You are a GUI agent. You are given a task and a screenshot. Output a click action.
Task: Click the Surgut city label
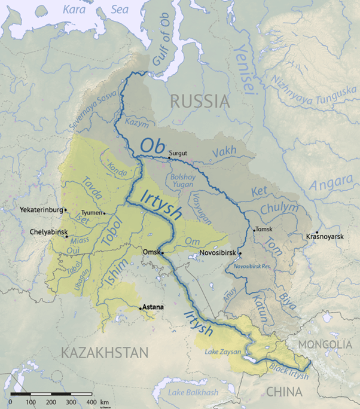coord(178,153)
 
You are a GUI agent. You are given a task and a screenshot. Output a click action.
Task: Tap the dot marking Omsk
coord(162,253)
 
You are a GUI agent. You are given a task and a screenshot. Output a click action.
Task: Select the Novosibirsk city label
coord(218,252)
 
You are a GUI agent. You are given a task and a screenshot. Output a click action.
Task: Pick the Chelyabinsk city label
coord(48,231)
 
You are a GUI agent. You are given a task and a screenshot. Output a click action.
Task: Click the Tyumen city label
coord(91,212)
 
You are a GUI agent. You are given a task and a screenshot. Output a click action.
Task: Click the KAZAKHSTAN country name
coord(104,353)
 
